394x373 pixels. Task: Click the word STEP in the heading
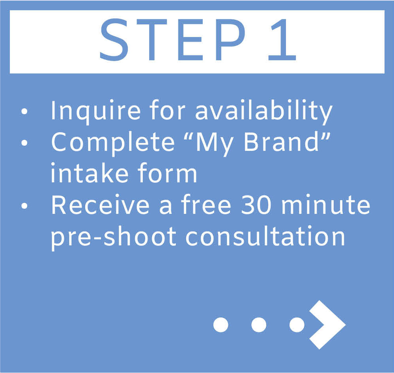pos(173,40)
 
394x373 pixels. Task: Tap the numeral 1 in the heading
pos(282,40)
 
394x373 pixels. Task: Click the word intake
pos(90,173)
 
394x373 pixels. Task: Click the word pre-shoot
pos(114,237)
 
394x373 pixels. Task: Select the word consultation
pos(265,236)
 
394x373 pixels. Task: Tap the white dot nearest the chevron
pos(297,325)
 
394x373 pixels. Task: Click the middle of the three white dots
pos(259,325)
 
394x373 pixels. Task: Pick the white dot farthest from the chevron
pos(221,325)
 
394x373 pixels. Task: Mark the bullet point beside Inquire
pos(24,111)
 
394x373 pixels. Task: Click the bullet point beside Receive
pos(24,206)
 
